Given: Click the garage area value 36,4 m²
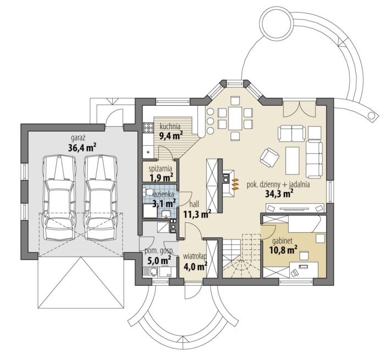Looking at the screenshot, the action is (x=82, y=148).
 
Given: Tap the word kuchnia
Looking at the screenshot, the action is (x=170, y=127).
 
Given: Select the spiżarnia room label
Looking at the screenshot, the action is (x=161, y=168).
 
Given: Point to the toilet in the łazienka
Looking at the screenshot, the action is (x=148, y=192).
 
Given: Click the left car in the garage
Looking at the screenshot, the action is (x=59, y=197).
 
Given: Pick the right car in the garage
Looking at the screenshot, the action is (x=101, y=197).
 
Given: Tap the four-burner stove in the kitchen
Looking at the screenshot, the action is (x=148, y=128).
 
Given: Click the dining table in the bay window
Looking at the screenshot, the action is (x=235, y=118).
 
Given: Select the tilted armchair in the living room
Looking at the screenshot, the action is (x=269, y=157).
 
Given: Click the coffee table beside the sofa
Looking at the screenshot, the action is (x=293, y=160).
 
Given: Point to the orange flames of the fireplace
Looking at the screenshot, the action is (x=235, y=184).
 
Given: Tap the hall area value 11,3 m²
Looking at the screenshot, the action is (x=197, y=214).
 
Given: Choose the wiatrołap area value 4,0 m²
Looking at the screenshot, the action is (x=195, y=266).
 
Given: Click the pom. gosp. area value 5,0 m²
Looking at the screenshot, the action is (x=159, y=260).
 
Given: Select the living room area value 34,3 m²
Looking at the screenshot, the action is (x=279, y=194).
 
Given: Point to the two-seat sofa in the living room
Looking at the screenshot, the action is (x=291, y=133).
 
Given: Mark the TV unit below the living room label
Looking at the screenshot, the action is (x=295, y=209).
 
